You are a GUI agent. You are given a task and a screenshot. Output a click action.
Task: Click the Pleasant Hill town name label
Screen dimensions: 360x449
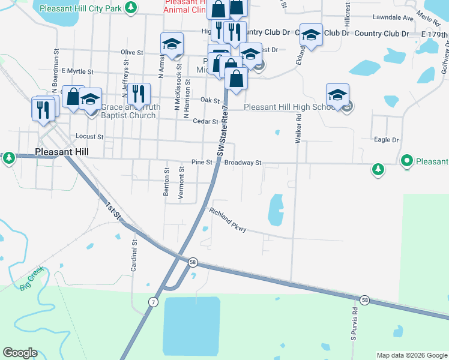pos(62,152)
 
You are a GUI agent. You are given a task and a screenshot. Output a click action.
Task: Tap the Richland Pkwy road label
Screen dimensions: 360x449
pos(228,220)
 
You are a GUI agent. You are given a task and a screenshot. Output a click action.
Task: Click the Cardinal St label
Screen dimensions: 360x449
pos(134,254)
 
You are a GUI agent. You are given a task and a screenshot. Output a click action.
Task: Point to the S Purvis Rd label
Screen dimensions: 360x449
pos(355,320)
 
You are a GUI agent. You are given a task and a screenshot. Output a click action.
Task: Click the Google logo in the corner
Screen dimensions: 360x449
pos(20,353)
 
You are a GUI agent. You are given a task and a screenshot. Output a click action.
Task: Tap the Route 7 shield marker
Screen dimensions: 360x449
pos(154,302)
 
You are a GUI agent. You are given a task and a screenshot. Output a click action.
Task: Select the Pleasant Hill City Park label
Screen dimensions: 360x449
pos(80,8)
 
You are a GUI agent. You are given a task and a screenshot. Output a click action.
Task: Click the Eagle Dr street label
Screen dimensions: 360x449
pos(386,140)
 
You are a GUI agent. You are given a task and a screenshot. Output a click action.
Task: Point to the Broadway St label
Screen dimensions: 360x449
pos(243,163)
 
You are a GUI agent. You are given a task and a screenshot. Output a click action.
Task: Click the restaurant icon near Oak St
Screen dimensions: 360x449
pos(139,94)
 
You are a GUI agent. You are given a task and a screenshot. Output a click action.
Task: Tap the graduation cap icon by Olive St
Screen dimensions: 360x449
pos(172,44)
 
